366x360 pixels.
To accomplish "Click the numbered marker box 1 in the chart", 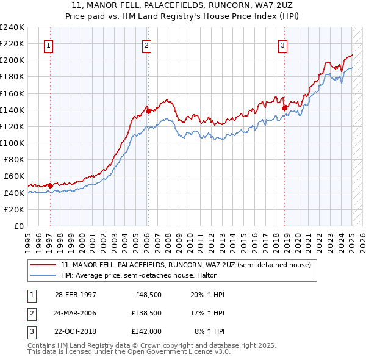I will (48, 44).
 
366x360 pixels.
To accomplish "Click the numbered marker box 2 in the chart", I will (147, 44).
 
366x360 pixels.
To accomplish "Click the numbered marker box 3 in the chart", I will (283, 44).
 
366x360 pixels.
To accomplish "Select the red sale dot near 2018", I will (285, 108).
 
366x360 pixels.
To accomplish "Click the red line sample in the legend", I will (44, 265).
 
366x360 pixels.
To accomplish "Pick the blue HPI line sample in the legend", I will (44, 275).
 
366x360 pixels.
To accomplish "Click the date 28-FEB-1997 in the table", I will (76, 295).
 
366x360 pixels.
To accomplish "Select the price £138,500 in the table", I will (145, 313).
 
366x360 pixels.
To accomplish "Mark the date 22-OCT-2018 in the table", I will (76, 331).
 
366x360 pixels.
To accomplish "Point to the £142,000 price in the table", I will (145, 331).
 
